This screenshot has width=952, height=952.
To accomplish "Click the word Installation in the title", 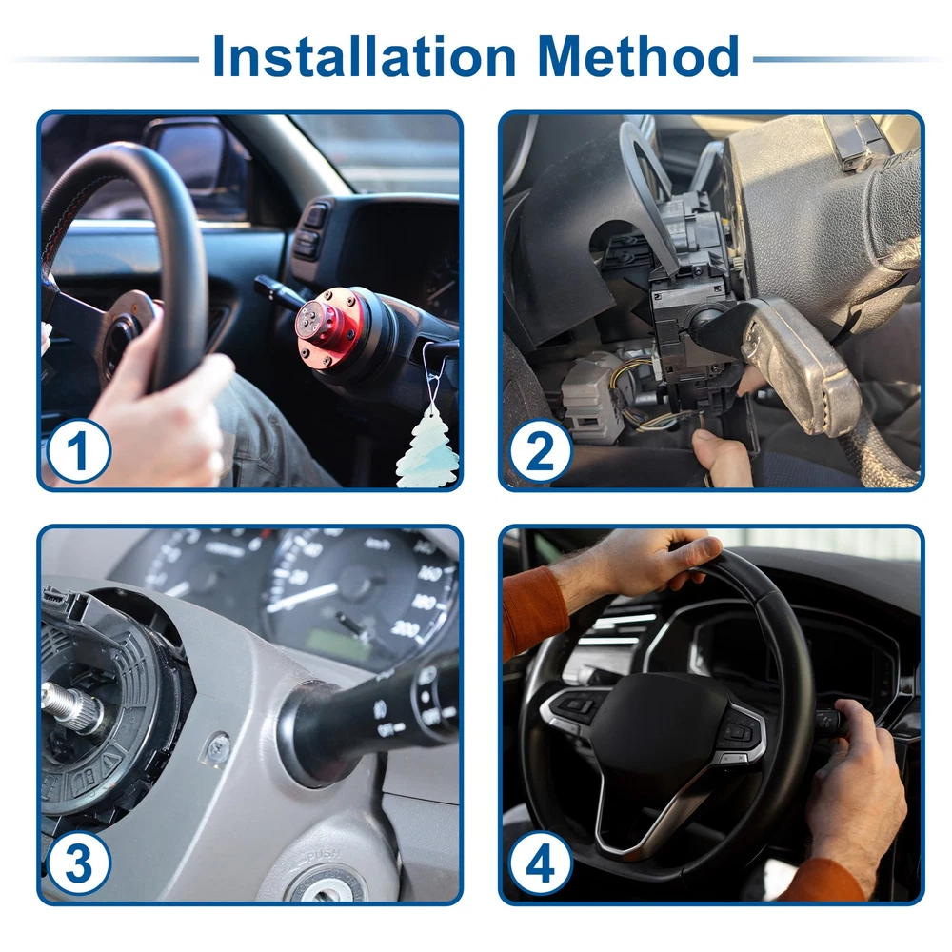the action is click(x=365, y=56).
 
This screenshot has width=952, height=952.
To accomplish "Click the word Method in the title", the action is click(x=638, y=56).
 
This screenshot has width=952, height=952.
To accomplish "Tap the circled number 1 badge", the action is click(x=79, y=450).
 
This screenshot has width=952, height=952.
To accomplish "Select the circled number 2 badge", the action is click(x=541, y=450).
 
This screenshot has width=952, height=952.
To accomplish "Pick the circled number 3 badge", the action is click(x=79, y=863).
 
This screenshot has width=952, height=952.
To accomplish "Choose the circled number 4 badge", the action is click(x=541, y=863).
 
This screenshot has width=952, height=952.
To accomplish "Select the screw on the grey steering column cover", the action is click(x=219, y=748).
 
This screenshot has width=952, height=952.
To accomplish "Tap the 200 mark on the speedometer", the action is click(x=405, y=628).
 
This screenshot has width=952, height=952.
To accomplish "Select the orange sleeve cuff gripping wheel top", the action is click(x=533, y=613).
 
